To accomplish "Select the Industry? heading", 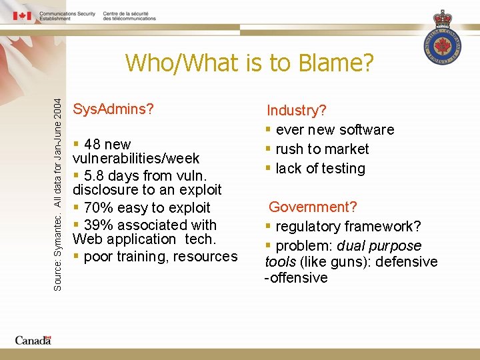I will pyautogui.click(x=297, y=111).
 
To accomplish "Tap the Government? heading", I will pyautogui.click(x=313, y=207).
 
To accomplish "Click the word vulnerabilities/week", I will pyautogui.click(x=136, y=159).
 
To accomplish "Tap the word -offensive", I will pyautogui.click(x=297, y=278).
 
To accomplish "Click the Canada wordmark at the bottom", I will pyautogui.click(x=33, y=340).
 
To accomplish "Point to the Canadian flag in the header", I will pyautogui.click(x=22, y=15).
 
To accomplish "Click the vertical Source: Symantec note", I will pyautogui.click(x=57, y=194).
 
